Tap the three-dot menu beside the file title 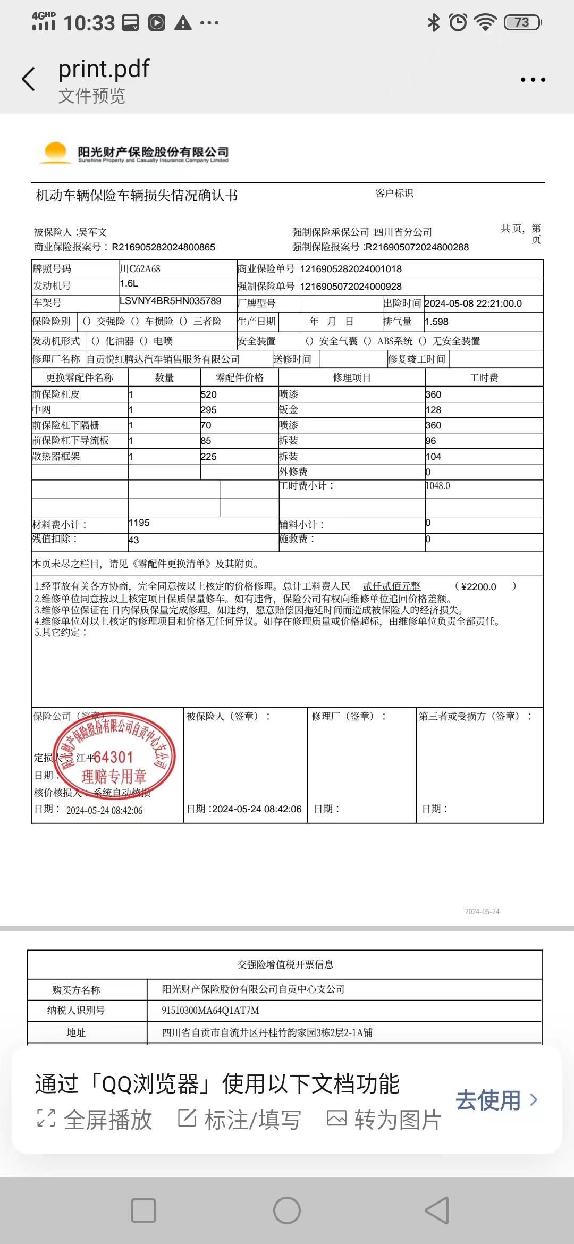[x=533, y=80]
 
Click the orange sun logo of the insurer [x=56, y=152]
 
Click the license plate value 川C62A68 [x=140, y=269]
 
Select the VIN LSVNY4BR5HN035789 [x=170, y=301]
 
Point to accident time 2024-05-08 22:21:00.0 [x=473, y=304]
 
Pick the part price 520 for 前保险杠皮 [x=208, y=394]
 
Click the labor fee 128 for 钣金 [x=433, y=410]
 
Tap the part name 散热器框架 [x=56, y=457]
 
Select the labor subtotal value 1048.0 [x=437, y=486]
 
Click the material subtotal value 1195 [x=139, y=523]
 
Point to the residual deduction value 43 [x=133, y=540]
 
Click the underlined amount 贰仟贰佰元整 [x=391, y=586]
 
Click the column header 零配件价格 [x=239, y=378]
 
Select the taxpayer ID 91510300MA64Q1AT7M [x=210, y=1011]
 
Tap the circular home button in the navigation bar [x=287, y=1211]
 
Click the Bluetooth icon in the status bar [x=434, y=22]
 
